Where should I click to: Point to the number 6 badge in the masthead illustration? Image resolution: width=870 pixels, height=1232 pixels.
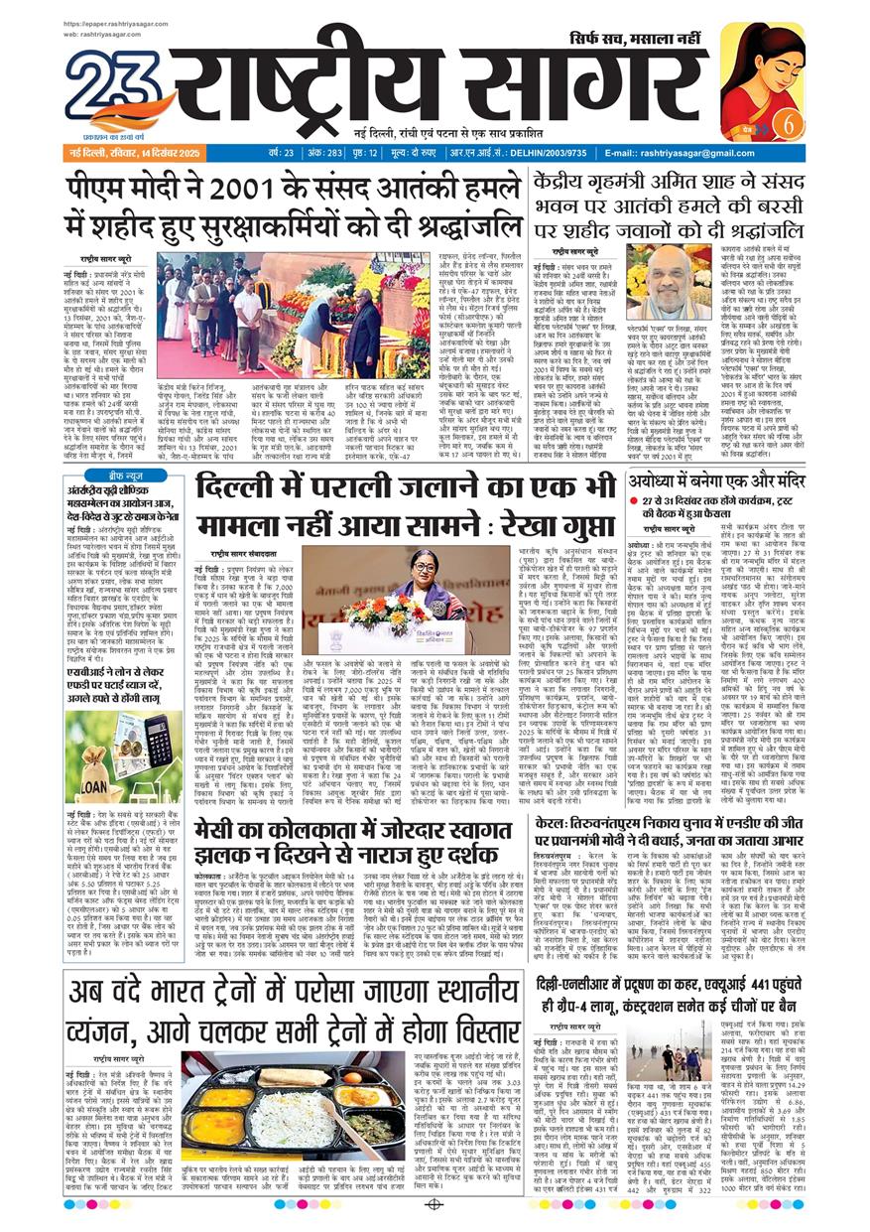pyautogui.click(x=790, y=127)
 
